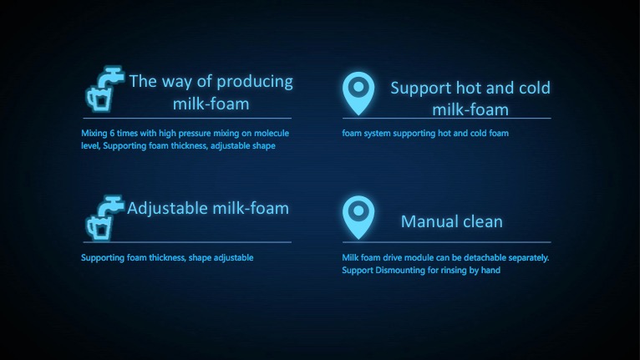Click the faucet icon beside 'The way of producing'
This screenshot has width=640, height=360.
coord(104,89)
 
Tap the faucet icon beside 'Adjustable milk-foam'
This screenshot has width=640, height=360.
coord(104,218)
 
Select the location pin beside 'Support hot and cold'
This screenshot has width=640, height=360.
coord(358,94)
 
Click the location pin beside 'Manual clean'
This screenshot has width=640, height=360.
coord(358,217)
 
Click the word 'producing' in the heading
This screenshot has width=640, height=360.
coord(255,82)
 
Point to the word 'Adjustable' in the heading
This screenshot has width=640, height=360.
coord(168,209)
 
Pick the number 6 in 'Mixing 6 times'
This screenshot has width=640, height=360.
coord(112,133)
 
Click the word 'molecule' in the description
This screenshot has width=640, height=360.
coord(272,133)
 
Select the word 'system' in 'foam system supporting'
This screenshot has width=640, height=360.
coord(377,133)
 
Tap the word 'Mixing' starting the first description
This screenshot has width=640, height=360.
coord(94,134)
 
